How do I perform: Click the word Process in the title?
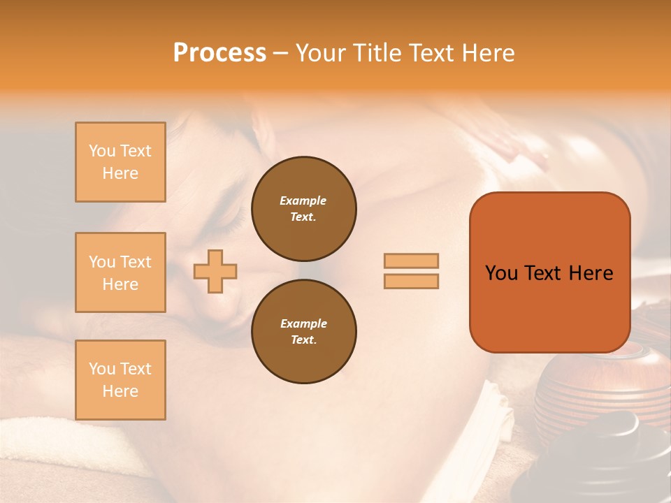click(x=219, y=53)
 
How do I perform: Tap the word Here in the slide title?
click(x=487, y=53)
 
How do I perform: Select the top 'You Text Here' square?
click(x=120, y=162)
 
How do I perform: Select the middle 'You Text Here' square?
click(x=120, y=272)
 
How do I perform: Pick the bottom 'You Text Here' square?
click(x=120, y=380)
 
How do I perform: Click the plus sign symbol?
click(x=215, y=271)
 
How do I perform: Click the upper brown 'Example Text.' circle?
click(x=303, y=208)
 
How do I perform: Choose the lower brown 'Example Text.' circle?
click(x=303, y=331)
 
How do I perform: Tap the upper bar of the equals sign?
click(x=411, y=261)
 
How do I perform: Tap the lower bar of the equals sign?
click(x=411, y=281)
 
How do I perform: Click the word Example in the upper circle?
click(x=303, y=201)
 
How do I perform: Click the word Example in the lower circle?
click(x=303, y=323)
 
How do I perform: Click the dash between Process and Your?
click(x=280, y=54)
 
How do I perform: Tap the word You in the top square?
click(x=102, y=151)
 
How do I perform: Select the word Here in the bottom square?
click(x=120, y=391)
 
